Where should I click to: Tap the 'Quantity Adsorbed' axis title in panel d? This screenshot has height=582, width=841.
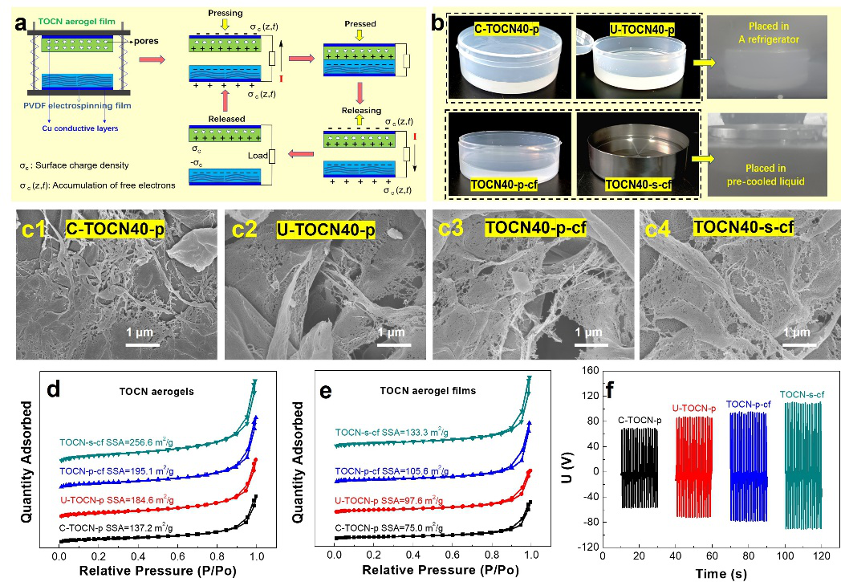coord(27,463)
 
